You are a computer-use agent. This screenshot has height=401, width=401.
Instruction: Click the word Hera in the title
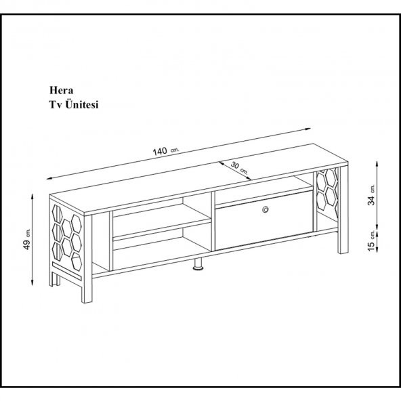click(61, 90)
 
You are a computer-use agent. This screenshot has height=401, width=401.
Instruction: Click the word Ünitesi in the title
click(82, 104)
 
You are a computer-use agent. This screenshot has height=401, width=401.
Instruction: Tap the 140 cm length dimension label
click(166, 151)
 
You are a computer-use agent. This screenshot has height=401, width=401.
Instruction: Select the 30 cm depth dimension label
click(239, 168)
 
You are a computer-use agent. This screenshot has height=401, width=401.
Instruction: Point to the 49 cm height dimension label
click(27, 239)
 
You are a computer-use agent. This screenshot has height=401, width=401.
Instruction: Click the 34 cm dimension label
click(371, 195)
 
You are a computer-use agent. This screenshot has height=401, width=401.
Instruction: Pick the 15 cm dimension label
click(372, 240)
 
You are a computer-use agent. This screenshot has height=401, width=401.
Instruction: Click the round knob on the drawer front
click(266, 209)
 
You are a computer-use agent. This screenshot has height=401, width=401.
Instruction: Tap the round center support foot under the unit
click(198, 264)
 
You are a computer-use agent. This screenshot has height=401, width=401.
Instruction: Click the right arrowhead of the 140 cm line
click(308, 129)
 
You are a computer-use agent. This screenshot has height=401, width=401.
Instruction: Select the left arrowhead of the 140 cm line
click(49, 178)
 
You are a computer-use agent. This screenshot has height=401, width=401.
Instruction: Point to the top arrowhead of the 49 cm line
click(33, 196)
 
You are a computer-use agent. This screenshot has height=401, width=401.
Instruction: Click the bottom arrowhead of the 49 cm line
click(33, 282)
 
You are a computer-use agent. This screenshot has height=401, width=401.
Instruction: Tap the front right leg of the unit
click(343, 210)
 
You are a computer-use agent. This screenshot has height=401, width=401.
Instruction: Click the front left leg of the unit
click(87, 259)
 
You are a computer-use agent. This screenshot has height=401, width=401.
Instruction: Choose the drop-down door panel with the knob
click(264, 220)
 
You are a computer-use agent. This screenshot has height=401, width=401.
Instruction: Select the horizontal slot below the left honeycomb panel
click(66, 270)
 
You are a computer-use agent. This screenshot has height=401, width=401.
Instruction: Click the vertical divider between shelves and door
click(213, 221)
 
